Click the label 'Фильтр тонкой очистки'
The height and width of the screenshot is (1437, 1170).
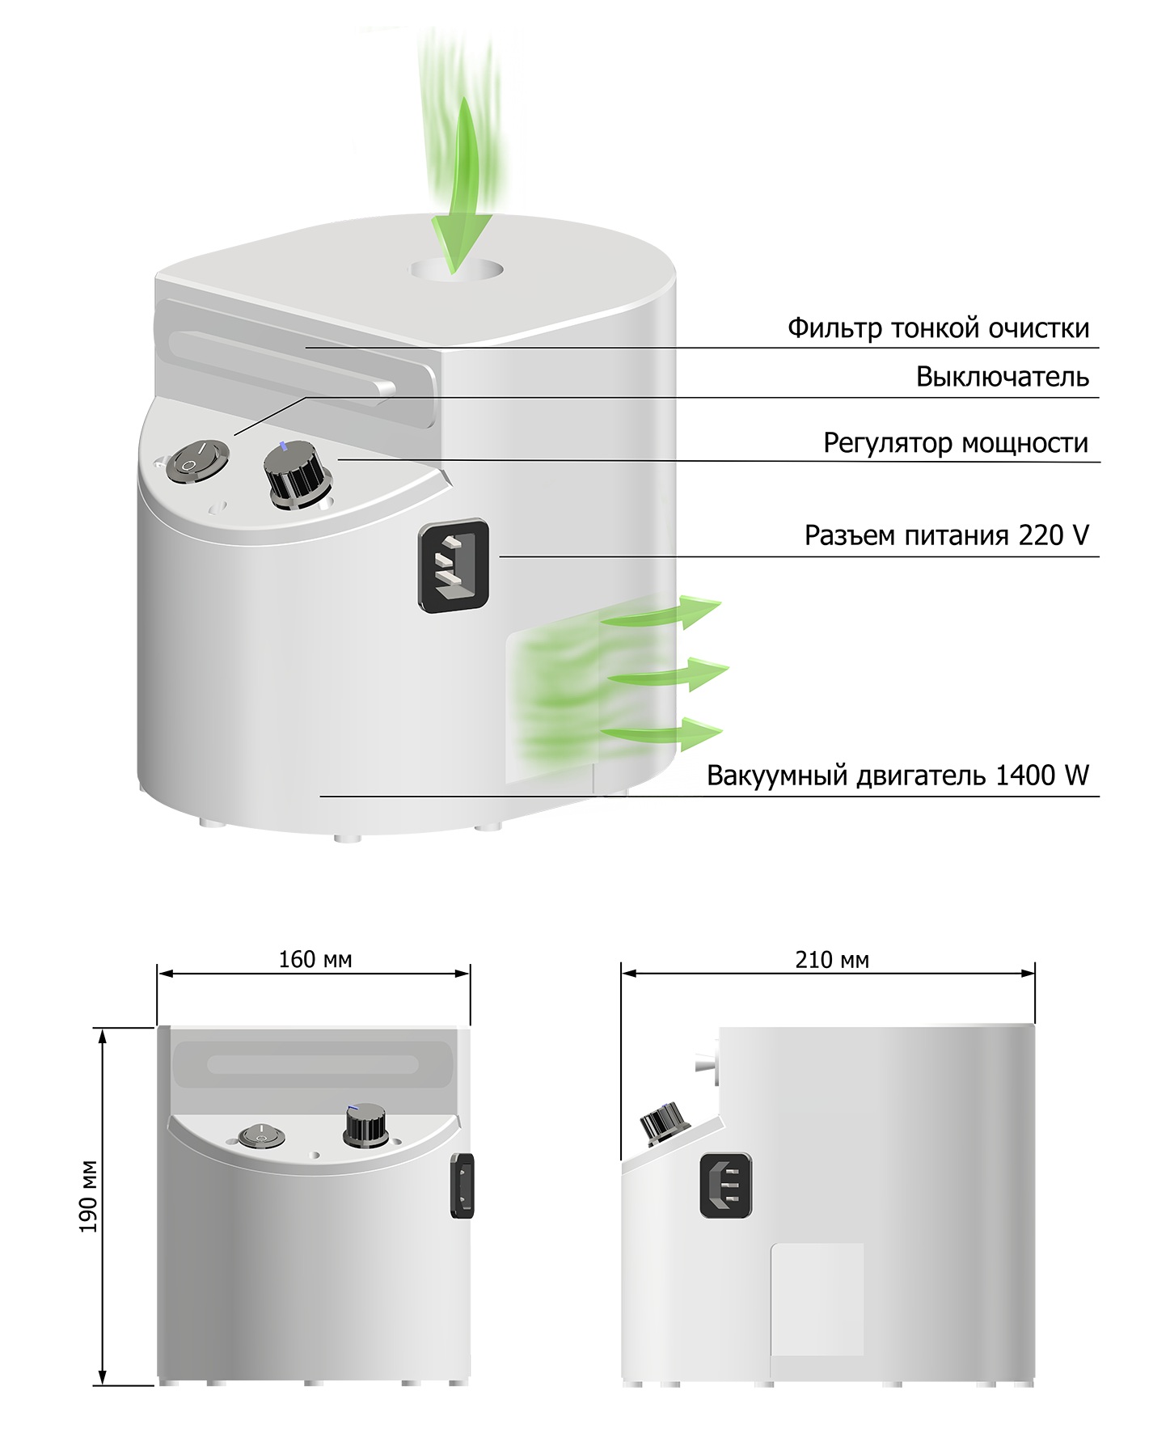point(938,328)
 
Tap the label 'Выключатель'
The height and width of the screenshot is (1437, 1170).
point(1003,377)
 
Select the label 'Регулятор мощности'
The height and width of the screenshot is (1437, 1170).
point(956,443)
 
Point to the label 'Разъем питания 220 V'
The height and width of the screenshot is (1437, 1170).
point(947,535)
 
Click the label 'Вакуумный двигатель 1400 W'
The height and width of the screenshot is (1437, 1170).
point(898,775)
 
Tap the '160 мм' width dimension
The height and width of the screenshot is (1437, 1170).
point(315,960)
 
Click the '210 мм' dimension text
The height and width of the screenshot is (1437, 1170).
point(832,960)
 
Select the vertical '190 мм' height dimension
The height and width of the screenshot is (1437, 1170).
point(88,1197)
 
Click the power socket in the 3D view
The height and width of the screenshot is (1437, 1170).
point(454,564)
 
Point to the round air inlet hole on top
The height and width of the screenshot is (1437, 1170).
point(457,270)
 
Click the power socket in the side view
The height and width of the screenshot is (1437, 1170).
point(725,1186)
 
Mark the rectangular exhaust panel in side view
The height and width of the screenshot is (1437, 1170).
point(817,1300)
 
